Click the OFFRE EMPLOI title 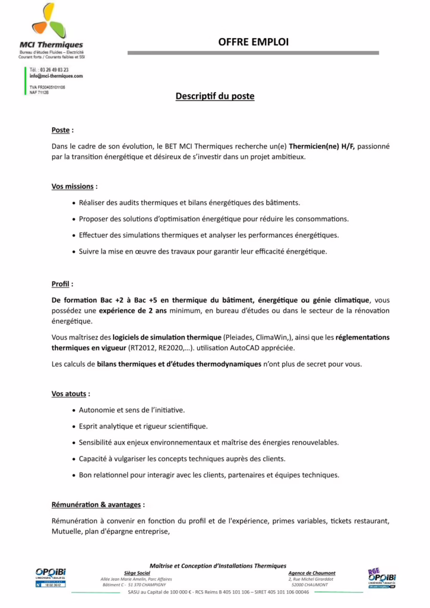(253, 43)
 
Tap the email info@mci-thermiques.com (56, 77)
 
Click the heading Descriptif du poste (215, 96)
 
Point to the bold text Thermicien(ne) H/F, (322, 145)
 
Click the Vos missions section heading (74, 186)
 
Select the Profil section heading (62, 284)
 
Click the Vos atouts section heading (71, 394)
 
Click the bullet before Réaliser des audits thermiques (73, 203)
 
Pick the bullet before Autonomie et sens (73, 410)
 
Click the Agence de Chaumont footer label (312, 574)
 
